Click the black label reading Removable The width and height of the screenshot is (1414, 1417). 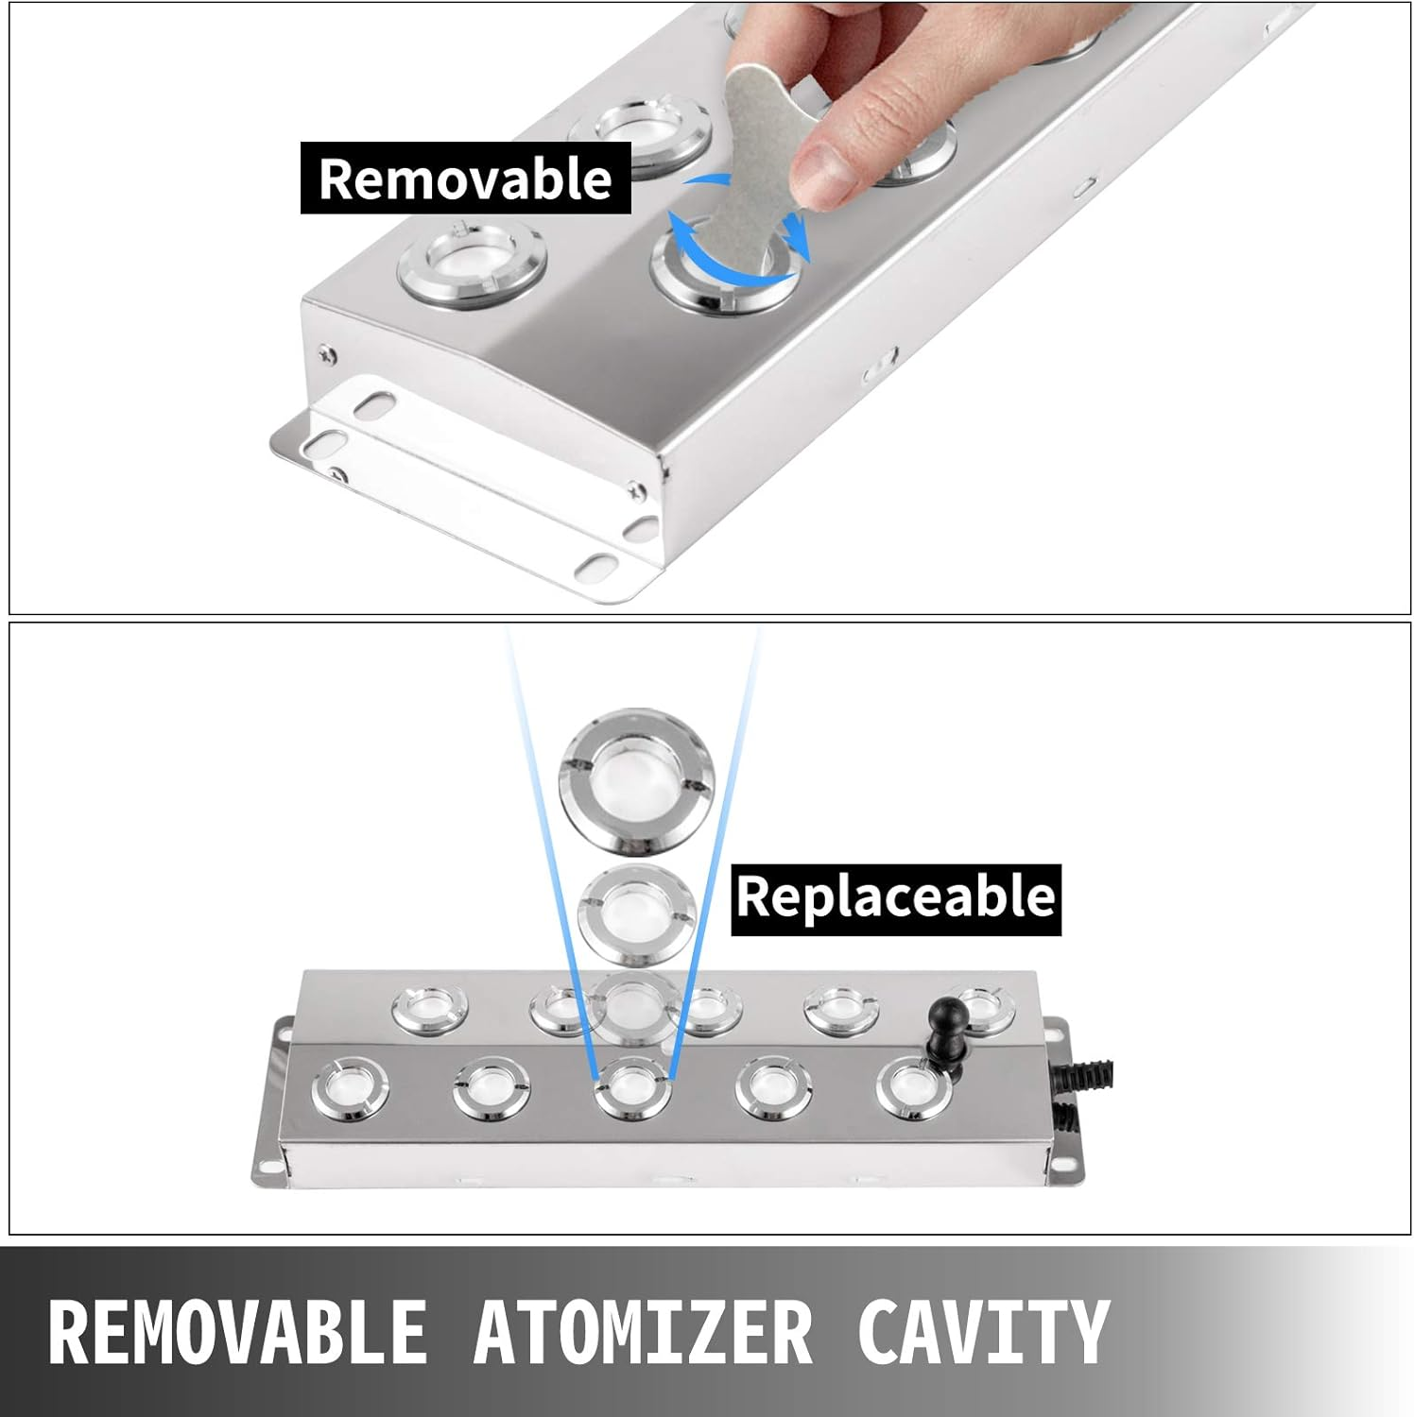(465, 178)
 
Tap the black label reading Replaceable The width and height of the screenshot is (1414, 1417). (896, 898)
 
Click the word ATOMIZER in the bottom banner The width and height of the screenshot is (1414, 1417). (643, 1331)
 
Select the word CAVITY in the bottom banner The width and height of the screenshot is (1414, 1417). (983, 1331)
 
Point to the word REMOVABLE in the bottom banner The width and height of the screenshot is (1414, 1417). (237, 1331)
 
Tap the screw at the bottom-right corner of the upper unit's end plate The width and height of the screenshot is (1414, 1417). (635, 489)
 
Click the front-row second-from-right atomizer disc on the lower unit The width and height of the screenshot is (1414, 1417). (773, 1089)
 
